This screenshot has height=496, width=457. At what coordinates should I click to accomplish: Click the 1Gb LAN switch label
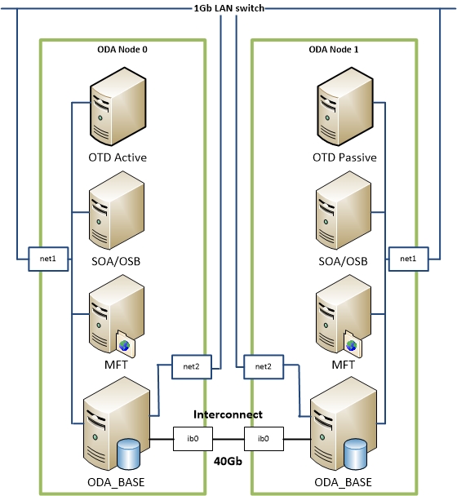click(228, 8)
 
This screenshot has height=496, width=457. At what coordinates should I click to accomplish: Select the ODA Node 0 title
click(122, 50)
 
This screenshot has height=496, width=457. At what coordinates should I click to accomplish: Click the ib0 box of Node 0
click(184, 439)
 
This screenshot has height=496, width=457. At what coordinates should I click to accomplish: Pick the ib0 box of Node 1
click(264, 439)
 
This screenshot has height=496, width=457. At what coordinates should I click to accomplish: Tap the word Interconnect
click(228, 414)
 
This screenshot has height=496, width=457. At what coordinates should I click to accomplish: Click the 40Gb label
click(228, 462)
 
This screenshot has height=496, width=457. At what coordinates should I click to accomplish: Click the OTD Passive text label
click(344, 157)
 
